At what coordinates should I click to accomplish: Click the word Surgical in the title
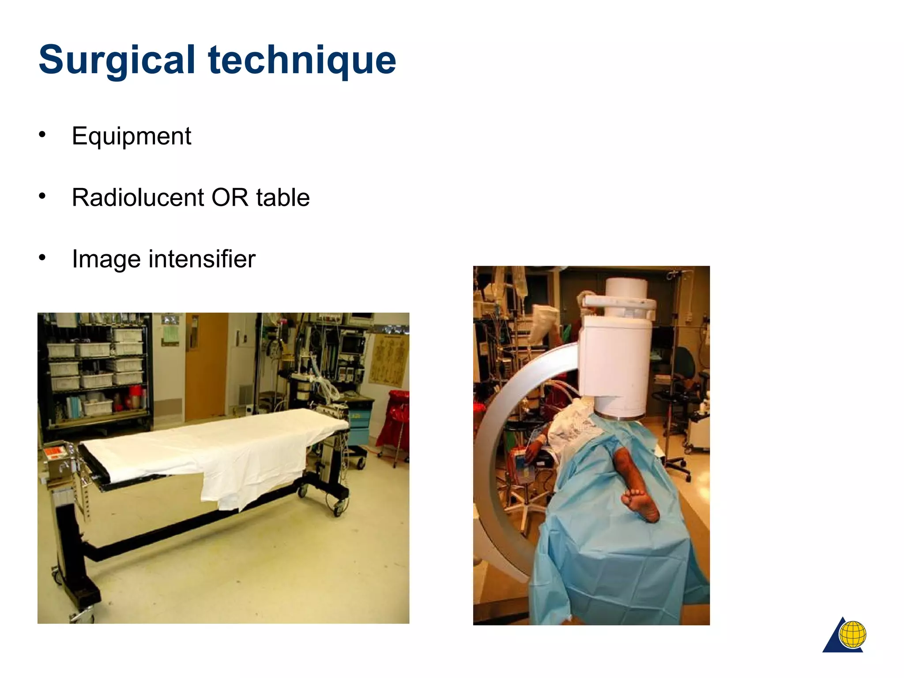(x=117, y=60)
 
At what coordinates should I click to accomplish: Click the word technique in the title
(x=302, y=60)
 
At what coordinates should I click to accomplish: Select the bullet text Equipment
(x=132, y=136)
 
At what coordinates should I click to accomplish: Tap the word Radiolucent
(x=138, y=197)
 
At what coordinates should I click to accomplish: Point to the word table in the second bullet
(x=283, y=197)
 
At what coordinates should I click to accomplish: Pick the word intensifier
(x=202, y=259)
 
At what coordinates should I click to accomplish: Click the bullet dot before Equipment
(x=42, y=134)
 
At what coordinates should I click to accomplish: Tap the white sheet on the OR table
(x=212, y=450)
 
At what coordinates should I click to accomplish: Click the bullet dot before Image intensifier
(x=42, y=257)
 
